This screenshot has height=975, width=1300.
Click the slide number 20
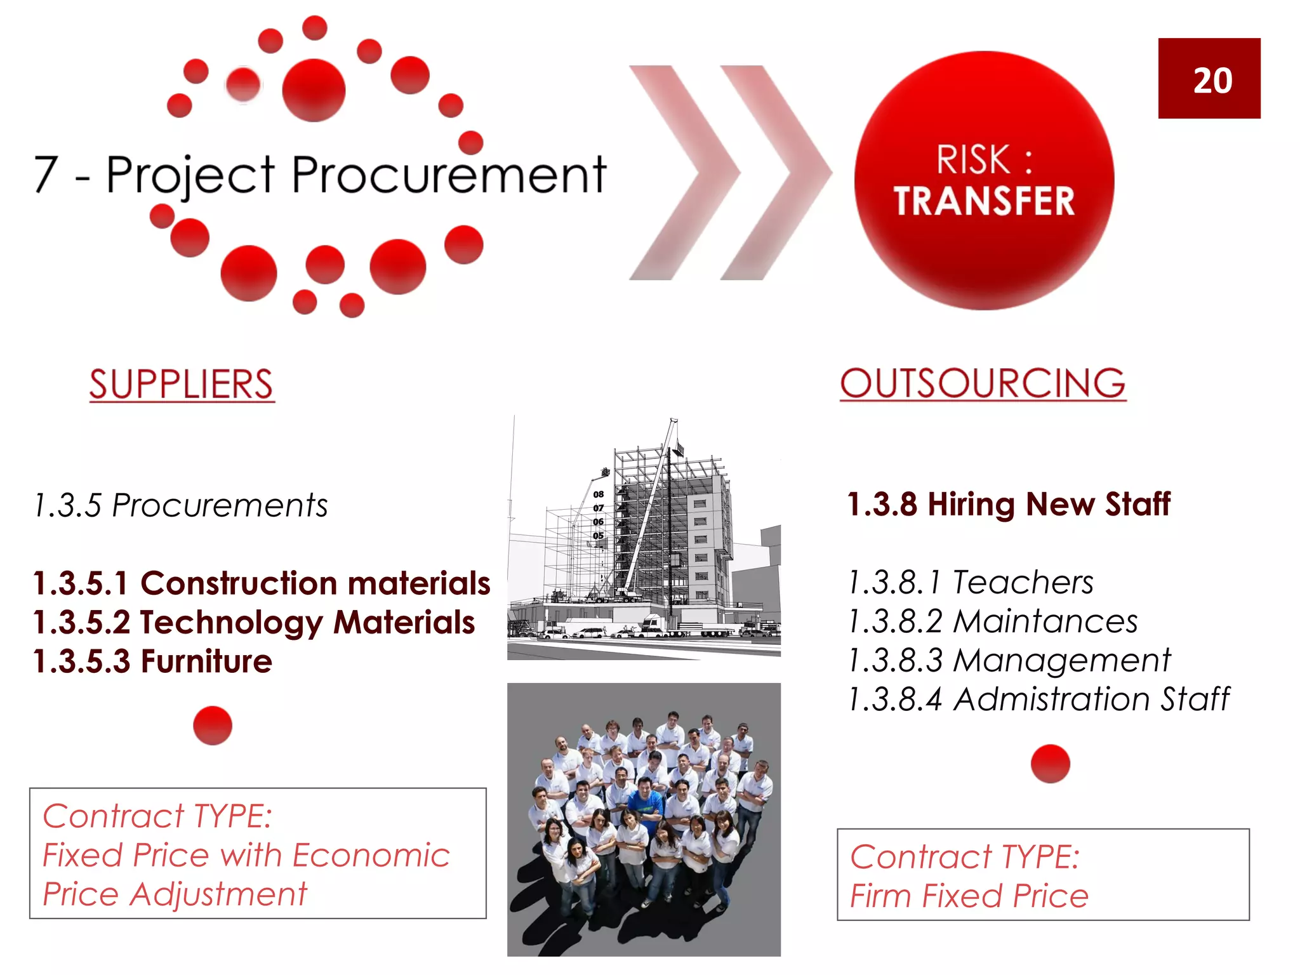[x=1212, y=81]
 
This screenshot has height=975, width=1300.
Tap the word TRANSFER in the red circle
[x=984, y=201]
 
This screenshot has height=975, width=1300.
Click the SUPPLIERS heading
[x=182, y=384]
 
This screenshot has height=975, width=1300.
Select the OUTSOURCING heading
[x=983, y=383]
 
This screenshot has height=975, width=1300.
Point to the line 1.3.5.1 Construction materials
[x=262, y=583]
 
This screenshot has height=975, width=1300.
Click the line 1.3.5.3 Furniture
[x=152, y=661]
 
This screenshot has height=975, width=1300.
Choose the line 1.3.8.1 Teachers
[x=971, y=582]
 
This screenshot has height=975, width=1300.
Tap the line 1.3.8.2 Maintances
[x=993, y=621]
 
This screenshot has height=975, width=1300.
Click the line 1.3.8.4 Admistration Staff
[x=1038, y=700]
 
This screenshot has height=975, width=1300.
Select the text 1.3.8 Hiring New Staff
[x=1009, y=505]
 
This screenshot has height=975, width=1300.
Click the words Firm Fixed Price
[x=969, y=896]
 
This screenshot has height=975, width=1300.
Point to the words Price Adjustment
[x=175, y=894]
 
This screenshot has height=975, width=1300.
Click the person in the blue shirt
[x=645, y=801]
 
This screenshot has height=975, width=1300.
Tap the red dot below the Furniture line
[x=213, y=726]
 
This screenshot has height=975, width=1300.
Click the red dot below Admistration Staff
[x=1050, y=764]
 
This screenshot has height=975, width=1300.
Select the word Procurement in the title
[x=449, y=175]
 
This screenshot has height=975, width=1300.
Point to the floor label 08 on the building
[x=599, y=494]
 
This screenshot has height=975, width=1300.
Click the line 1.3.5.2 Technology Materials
[x=254, y=623]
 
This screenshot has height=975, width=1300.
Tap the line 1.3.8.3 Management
[x=1009, y=660]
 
